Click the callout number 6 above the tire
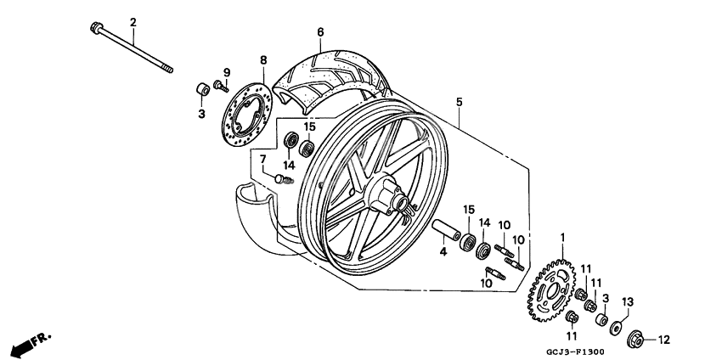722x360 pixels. point(320,33)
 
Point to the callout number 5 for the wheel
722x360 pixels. point(459,102)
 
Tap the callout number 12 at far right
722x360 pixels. point(664,340)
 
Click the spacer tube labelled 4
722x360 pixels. point(446,231)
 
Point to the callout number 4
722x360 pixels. point(443,252)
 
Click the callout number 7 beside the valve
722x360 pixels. point(263,159)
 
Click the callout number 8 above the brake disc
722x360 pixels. point(263,60)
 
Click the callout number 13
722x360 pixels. point(628,302)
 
